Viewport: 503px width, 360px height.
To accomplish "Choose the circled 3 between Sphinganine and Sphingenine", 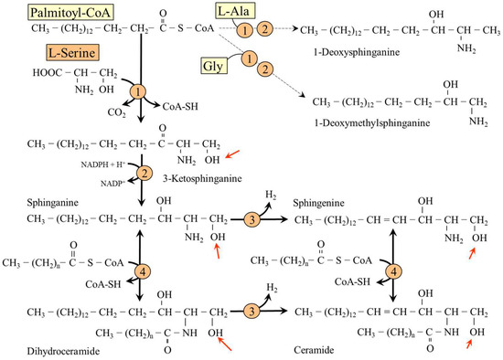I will (250, 219).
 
